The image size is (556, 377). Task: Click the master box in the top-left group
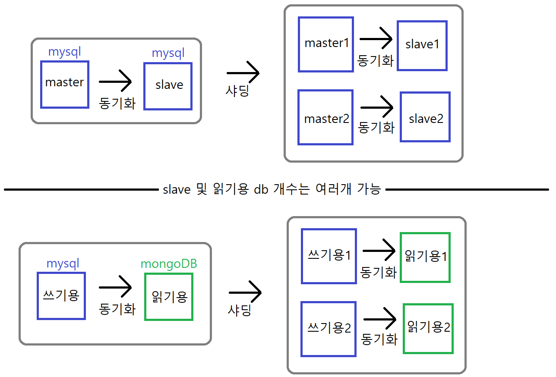[x=65, y=85]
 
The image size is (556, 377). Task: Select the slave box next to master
[x=168, y=86]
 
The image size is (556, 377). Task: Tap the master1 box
[x=326, y=44]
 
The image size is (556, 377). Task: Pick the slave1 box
[x=422, y=45]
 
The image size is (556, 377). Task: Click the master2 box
[x=326, y=117]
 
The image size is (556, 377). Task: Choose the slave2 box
[x=425, y=117]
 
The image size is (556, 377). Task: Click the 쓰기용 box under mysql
[x=61, y=296]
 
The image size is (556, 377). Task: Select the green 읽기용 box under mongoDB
[x=169, y=297]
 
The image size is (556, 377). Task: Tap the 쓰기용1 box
[x=329, y=256]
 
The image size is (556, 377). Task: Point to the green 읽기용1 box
[x=425, y=258]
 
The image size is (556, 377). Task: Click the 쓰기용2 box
[x=329, y=329]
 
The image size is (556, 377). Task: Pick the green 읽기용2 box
[x=428, y=329]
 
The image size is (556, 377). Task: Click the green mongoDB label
[x=169, y=264]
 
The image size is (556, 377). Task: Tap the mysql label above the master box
[x=65, y=52]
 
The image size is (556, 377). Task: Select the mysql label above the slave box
[x=168, y=53]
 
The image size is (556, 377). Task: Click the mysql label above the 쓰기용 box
[x=63, y=264]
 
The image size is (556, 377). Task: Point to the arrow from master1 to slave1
[x=376, y=39]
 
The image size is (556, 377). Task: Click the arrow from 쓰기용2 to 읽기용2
[x=379, y=320]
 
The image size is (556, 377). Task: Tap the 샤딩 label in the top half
[x=237, y=91]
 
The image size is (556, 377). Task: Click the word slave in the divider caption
[x=177, y=190]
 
